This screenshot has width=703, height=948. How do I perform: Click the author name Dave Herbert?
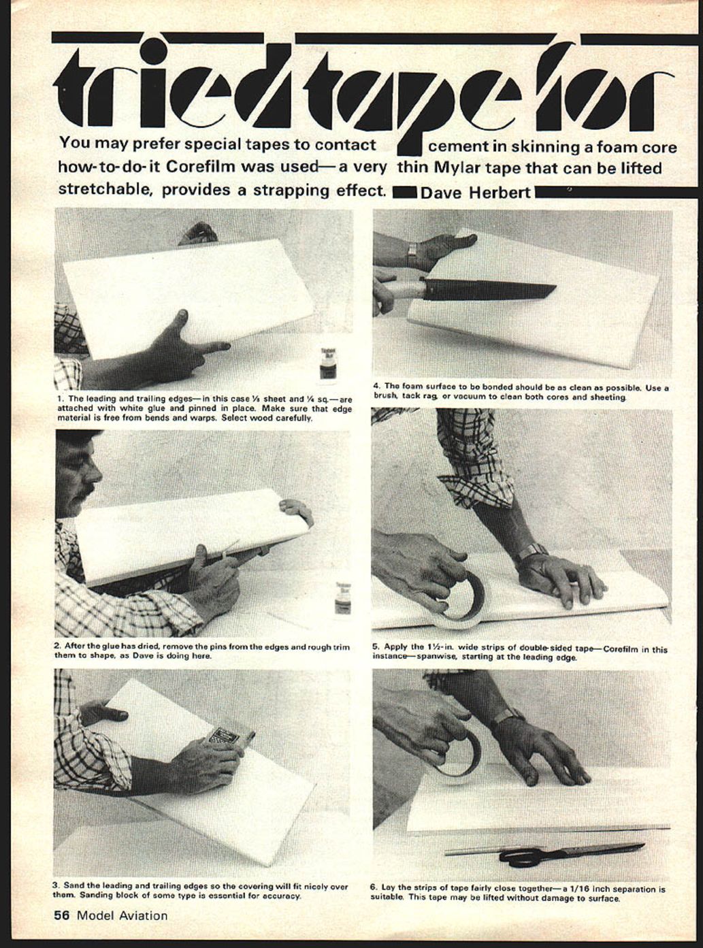476,193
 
